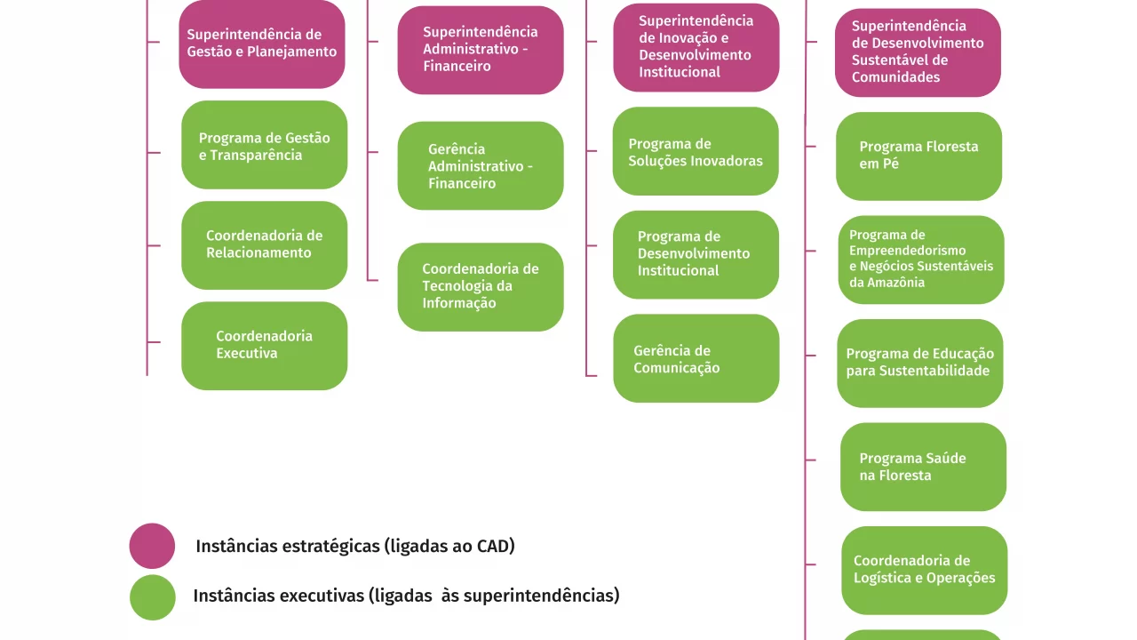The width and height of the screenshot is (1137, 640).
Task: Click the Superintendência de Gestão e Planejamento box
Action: tap(262, 44)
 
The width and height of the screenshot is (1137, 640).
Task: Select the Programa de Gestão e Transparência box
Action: tap(264, 145)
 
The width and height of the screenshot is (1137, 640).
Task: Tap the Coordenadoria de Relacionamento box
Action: tap(264, 244)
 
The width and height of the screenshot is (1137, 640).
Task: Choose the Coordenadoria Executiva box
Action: tap(264, 345)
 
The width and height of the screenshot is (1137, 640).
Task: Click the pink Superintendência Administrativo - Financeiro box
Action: tap(481, 50)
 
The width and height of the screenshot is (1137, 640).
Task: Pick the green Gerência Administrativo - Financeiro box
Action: tap(481, 165)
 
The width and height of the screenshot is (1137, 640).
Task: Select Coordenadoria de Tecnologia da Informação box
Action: tap(481, 286)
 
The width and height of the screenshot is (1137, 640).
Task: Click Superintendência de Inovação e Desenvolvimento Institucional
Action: tap(696, 46)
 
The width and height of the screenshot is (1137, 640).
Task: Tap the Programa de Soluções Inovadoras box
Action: tap(696, 151)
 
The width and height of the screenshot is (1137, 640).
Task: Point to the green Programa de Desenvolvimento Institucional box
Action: tap(696, 254)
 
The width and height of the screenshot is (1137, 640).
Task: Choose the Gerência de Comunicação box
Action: tap(696, 358)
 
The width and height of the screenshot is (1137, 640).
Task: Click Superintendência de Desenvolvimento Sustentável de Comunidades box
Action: tap(918, 52)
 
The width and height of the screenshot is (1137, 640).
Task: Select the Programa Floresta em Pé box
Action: tap(918, 156)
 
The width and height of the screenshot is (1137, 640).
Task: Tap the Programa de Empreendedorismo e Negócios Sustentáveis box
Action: tap(921, 260)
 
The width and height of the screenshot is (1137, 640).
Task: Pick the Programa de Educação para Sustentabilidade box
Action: tap(920, 363)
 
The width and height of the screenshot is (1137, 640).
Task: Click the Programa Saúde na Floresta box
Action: tap(923, 467)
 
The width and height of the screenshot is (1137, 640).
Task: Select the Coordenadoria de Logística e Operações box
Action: tap(924, 570)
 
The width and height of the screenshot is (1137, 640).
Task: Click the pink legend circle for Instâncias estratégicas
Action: tap(152, 546)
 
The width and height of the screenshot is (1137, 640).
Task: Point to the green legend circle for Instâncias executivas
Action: tap(152, 596)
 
